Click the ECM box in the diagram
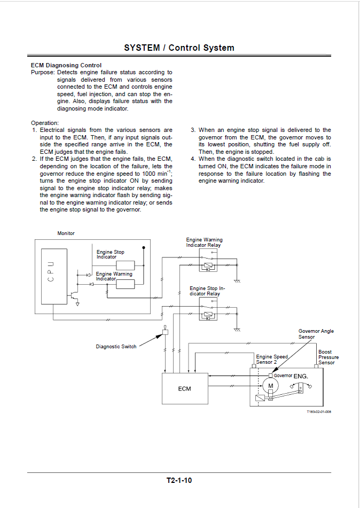click(185, 388)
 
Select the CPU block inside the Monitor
click(54, 276)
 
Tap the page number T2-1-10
click(179, 480)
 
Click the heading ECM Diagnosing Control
click(66, 66)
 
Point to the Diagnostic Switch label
click(116, 347)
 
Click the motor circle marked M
click(271, 386)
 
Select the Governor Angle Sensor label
click(316, 334)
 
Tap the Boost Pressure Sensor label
click(328, 357)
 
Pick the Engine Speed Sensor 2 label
click(272, 359)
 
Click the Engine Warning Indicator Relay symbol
click(208, 260)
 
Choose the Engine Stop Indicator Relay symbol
click(208, 309)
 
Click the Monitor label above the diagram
click(66, 233)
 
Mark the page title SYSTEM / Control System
click(179, 48)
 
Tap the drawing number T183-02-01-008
click(319, 412)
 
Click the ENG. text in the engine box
click(301, 376)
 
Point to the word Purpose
click(42, 73)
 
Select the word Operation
click(45, 123)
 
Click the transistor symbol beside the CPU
click(73, 295)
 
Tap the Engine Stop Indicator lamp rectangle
click(126, 265)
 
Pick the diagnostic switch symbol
click(165, 331)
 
